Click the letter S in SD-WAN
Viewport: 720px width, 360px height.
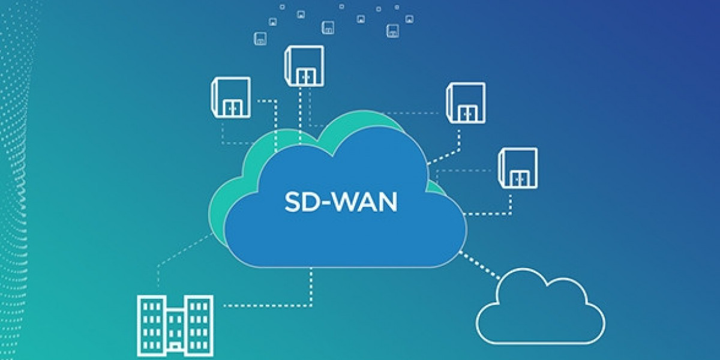coord(292,202)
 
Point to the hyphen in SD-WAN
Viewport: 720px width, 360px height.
coord(328,203)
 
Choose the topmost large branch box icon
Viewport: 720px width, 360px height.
coord(304,65)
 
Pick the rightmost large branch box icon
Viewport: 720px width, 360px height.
coord(518,167)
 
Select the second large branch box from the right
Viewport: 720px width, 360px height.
coord(466,103)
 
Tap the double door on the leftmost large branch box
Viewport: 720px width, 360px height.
coord(232,109)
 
